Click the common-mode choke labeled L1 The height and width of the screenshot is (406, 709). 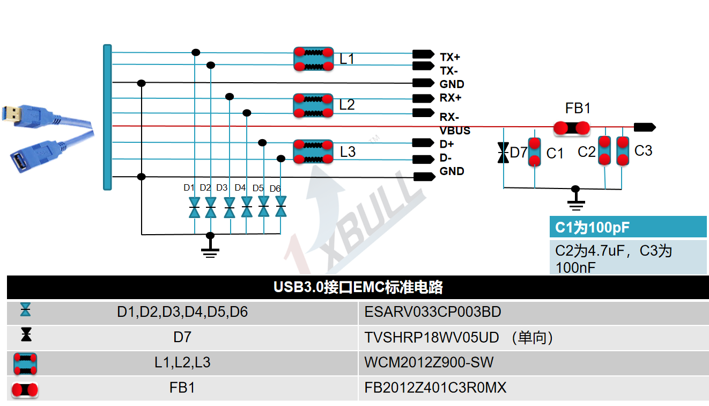[x=313, y=59]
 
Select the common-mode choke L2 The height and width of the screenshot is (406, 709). [x=313, y=105]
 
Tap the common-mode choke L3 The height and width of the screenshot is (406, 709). [x=313, y=151]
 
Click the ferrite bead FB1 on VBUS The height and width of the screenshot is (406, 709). [x=571, y=128]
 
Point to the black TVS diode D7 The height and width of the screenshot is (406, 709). [x=503, y=153]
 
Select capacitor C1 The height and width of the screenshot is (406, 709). [x=535, y=152]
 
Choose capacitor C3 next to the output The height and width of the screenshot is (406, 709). [x=623, y=151]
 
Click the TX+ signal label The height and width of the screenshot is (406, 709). [x=450, y=57]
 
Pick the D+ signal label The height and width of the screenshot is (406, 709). [x=447, y=144]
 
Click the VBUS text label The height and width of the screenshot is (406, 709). [x=455, y=130]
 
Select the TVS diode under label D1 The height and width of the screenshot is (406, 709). [x=194, y=208]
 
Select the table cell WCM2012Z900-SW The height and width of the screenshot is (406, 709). [x=429, y=363]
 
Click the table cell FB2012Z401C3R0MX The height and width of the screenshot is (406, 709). [x=435, y=388]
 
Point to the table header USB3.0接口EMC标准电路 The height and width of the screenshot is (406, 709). [x=358, y=287]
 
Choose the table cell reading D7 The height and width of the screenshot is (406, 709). [x=182, y=337]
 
